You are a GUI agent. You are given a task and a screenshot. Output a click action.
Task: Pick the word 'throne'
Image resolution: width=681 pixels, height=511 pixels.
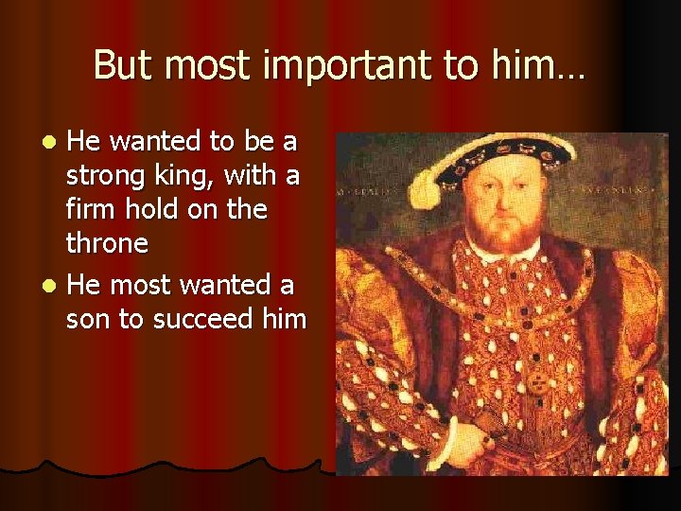107,244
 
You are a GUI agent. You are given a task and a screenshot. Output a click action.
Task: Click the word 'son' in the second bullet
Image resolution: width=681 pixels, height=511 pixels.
87,319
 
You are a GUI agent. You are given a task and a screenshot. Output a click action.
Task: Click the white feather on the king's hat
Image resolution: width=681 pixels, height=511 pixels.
424,189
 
